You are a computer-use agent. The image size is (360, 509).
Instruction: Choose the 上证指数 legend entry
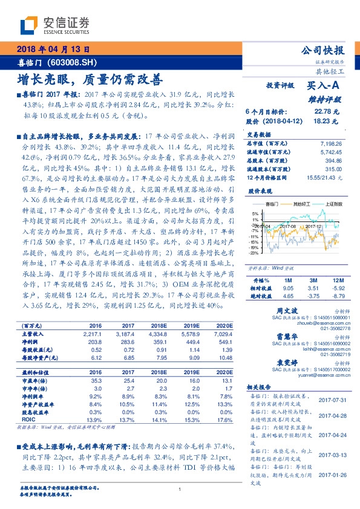tap(334, 205)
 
